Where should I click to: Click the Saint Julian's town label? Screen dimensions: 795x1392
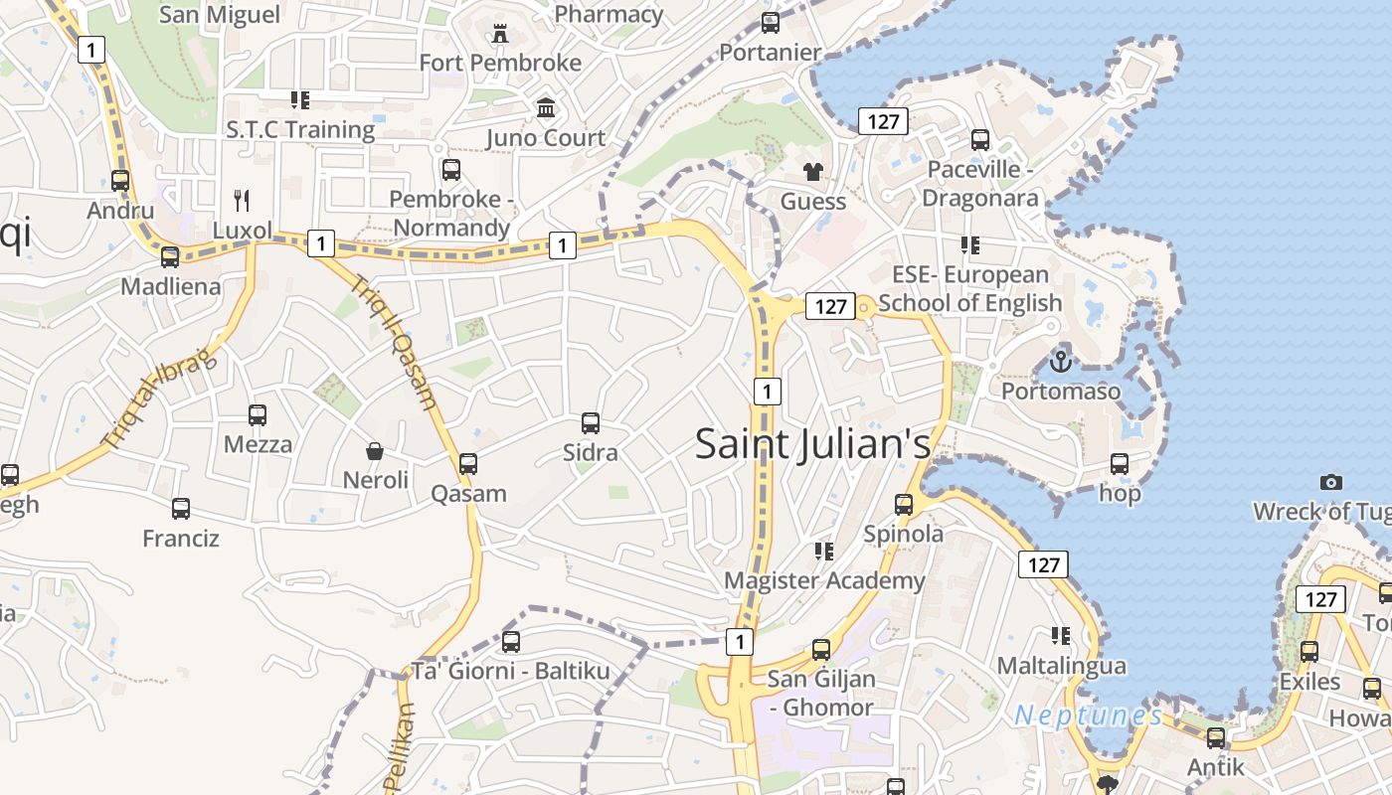tap(812, 443)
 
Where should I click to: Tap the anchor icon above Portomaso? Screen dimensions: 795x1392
tap(1060, 361)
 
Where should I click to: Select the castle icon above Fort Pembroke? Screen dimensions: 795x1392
tap(499, 34)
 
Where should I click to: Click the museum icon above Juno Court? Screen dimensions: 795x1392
tap(546, 107)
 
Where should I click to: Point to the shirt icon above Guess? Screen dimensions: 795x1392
tap(813, 172)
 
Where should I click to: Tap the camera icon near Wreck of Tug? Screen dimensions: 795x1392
tap(1330, 482)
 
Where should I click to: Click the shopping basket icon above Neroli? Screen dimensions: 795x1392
tap(375, 451)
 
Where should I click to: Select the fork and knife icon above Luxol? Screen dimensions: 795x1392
tap(242, 201)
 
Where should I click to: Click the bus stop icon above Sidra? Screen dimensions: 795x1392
tap(591, 423)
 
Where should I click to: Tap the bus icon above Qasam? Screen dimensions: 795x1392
tap(468, 464)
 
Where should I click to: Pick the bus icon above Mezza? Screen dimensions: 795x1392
tap(258, 415)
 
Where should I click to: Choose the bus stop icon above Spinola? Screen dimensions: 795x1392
tap(903, 505)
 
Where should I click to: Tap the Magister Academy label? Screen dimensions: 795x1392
tap(824, 580)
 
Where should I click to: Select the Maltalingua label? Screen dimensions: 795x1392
tap(1061, 665)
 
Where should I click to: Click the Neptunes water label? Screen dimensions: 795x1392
tap(1088, 715)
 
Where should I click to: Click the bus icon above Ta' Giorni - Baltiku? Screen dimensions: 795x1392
tap(511, 642)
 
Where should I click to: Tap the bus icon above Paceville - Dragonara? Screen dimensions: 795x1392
tap(980, 140)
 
